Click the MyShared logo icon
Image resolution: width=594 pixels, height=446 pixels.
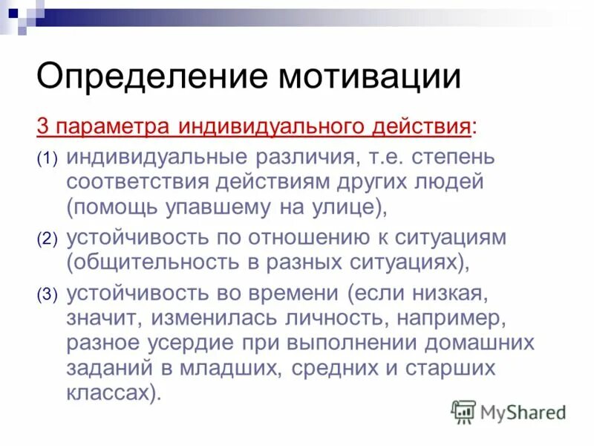(x=464, y=410)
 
